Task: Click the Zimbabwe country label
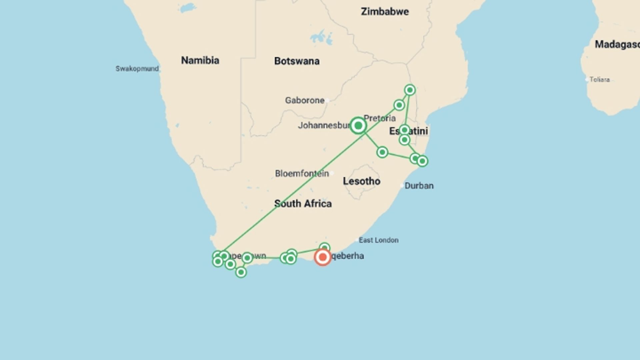coord(385,12)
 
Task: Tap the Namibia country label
coord(200,60)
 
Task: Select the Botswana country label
coord(297,61)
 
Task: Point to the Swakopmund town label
coord(137,69)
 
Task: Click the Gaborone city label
coord(305,100)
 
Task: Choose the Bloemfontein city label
coord(302,173)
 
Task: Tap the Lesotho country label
coord(361,181)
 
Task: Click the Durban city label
coord(419,186)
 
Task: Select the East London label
coord(378,240)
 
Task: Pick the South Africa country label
coord(303,204)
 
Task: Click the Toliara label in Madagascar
coord(599,80)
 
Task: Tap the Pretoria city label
coord(380,118)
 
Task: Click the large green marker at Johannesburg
coord(358,126)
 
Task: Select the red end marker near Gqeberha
coord(322,257)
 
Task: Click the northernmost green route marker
coord(410,90)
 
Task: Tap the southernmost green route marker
coord(241,272)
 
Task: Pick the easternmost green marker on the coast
coord(422,161)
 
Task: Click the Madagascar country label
coord(617,44)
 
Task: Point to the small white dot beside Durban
coord(402,185)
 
